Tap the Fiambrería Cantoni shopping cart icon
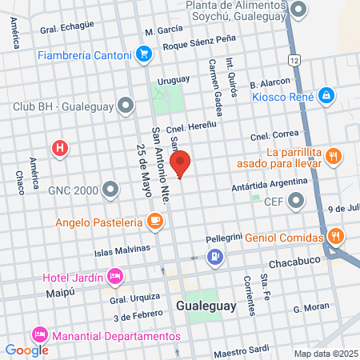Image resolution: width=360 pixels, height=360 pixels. tap(144, 54)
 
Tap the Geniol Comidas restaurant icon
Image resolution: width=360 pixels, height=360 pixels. tap(336, 236)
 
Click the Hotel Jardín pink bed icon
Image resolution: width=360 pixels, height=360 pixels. tap(116, 277)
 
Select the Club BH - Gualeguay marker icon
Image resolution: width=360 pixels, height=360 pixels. tap(126, 105)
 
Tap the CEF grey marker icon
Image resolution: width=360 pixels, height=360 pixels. tap(296, 202)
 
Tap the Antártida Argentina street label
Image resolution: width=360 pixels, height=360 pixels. tap(273, 182)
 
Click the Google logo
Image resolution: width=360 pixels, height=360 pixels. tap(26, 350)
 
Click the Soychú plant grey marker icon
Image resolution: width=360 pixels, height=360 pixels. tap(298, 10)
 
